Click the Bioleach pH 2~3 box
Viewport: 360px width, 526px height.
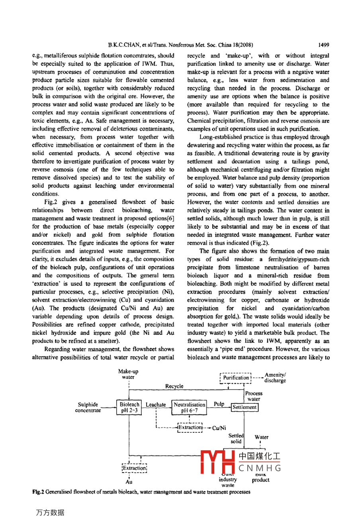tap(129, 407)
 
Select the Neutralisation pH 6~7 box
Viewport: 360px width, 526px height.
tap(190, 407)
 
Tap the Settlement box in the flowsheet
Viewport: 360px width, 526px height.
tap(245, 407)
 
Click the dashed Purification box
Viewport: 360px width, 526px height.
tap(236, 378)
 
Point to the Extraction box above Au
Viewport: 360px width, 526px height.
tap(134, 468)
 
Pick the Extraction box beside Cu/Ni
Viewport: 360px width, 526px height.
tap(190, 428)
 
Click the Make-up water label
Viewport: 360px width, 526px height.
tap(128, 374)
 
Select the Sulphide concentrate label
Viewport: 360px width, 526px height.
tap(88, 407)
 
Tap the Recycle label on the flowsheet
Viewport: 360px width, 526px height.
tap(174, 386)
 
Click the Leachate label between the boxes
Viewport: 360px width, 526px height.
tap(156, 404)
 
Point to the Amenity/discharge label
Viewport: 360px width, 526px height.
tap(275, 377)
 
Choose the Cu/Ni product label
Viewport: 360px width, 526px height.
tap(219, 428)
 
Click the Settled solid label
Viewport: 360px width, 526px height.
tap(236, 438)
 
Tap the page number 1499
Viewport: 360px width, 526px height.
tap(323, 45)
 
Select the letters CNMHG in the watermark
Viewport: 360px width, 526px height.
tap(260, 468)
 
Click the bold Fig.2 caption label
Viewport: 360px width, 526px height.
tap(38, 492)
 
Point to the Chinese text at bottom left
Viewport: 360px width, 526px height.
tap(50, 513)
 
